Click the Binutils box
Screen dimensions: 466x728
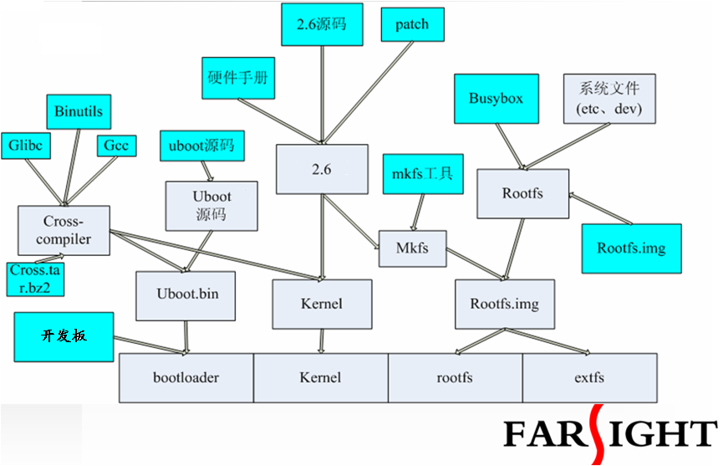pos(78,111)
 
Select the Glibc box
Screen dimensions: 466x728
pos(28,146)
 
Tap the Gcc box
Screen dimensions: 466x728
pos(116,146)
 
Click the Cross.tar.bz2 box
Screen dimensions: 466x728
pos(37,278)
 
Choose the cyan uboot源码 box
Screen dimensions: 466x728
pos(201,146)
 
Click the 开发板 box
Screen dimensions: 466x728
pos(64,335)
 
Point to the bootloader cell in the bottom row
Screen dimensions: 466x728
pos(186,377)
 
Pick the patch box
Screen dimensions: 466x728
pos(411,25)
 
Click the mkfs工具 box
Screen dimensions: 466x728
pos(422,174)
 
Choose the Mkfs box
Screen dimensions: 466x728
pos(412,248)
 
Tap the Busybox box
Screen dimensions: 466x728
pos(496,99)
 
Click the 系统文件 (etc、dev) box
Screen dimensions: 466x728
pos(608,99)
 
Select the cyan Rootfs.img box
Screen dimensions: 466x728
pos(631,248)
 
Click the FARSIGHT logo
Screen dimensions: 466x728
pos(610,433)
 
